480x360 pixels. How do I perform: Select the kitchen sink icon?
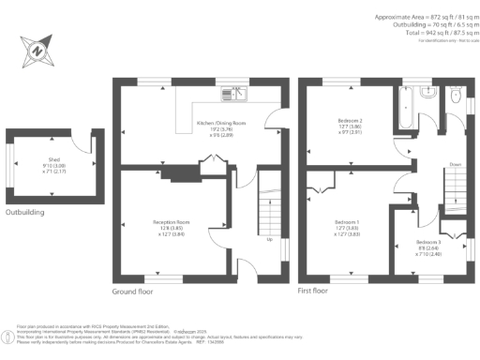pyautogui.click(x=232, y=93)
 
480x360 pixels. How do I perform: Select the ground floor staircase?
pyautogui.click(x=268, y=206)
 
